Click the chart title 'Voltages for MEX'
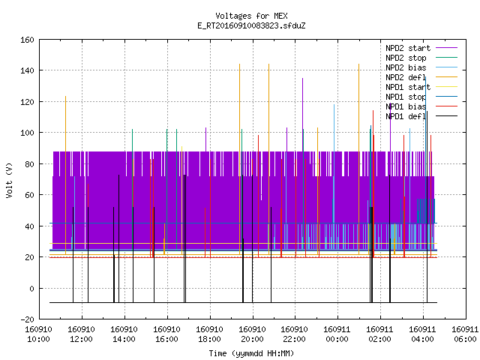pyautogui.click(x=251, y=16)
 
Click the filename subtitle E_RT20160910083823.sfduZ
pyautogui.click(x=251, y=25)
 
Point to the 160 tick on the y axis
pyautogui.click(x=27, y=40)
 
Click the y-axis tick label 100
pyautogui.click(x=27, y=133)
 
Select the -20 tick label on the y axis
pyautogui.click(x=27, y=319)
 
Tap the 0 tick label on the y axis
pyautogui.click(x=31, y=288)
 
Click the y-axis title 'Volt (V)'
pyautogui.click(x=9, y=180)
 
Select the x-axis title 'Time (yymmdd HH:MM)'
pyautogui.click(x=251, y=353)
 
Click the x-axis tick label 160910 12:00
pyautogui.click(x=82, y=334)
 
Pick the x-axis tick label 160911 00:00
pyautogui.click(x=337, y=334)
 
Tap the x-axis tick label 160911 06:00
pyautogui.click(x=465, y=334)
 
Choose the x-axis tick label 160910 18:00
pyautogui.click(x=209, y=334)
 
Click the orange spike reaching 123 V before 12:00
pyautogui.click(x=65, y=175)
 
